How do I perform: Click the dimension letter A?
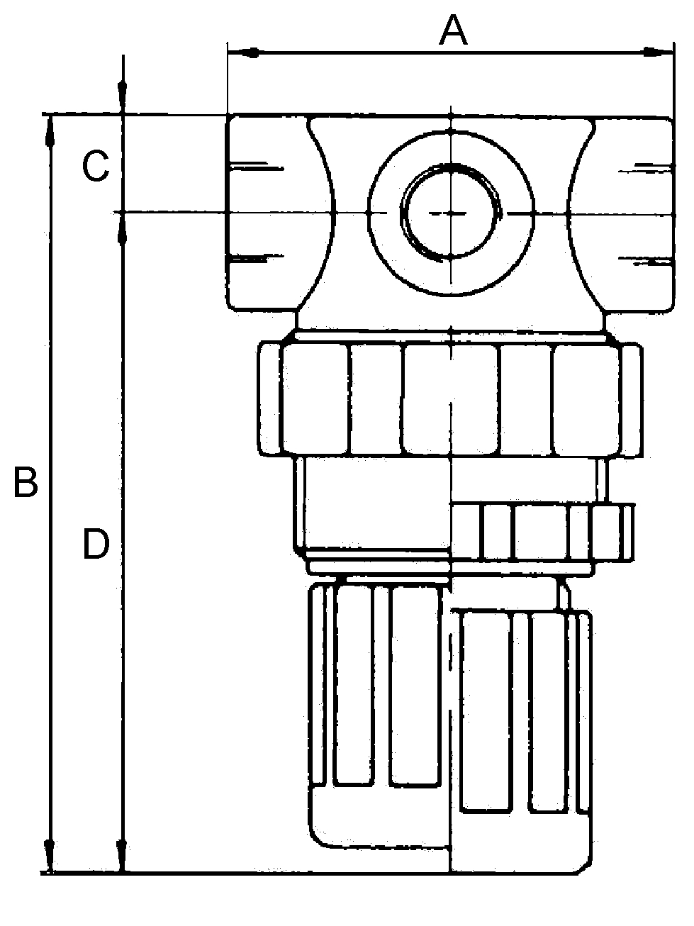[x=454, y=30]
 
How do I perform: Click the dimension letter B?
[x=26, y=483]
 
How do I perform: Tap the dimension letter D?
[x=96, y=545]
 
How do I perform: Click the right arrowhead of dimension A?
[x=657, y=51]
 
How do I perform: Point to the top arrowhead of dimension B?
[x=50, y=131]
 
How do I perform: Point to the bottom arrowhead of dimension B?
[x=50, y=854]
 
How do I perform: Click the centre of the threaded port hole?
[x=452, y=212]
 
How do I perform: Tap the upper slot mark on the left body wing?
[x=255, y=168]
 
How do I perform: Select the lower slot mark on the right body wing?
[x=645, y=260]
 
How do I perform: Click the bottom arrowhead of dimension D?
[x=123, y=854]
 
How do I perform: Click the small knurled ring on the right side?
[x=542, y=532]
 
